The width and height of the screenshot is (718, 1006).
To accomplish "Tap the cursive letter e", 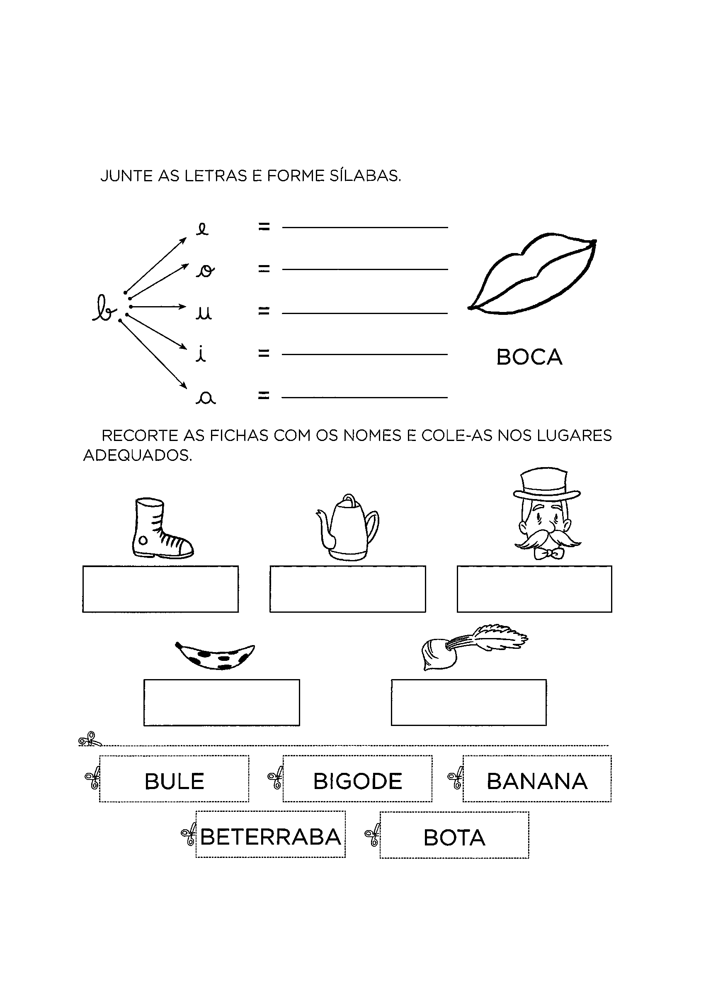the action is pyautogui.click(x=202, y=229).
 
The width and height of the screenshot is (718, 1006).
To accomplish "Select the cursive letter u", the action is pyautogui.click(x=204, y=313).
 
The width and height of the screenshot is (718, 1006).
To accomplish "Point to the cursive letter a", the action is pyautogui.click(x=206, y=399).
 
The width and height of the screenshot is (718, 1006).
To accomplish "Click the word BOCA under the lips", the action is pyautogui.click(x=529, y=357).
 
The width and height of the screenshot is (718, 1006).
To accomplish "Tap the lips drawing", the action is pyautogui.click(x=532, y=273).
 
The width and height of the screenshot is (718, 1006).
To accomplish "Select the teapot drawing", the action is pyautogui.click(x=347, y=527).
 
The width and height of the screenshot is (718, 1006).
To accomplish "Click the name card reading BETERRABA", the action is pyautogui.click(x=271, y=835).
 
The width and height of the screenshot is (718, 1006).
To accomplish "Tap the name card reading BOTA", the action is pyautogui.click(x=454, y=835).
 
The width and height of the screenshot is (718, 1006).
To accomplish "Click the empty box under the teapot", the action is pyautogui.click(x=347, y=589).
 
